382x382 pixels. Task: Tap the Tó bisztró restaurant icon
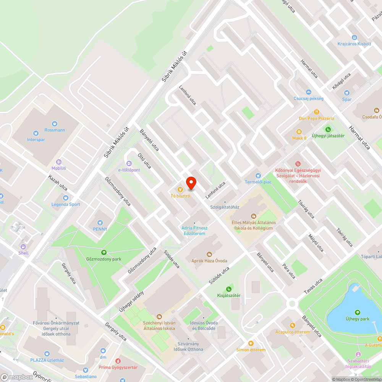point(180,189)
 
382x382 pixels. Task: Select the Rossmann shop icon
point(54,123)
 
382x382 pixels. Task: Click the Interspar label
point(36,140)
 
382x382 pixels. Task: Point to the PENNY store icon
point(100,222)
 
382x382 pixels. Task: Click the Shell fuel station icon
point(23,246)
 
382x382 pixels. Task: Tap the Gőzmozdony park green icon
point(104,253)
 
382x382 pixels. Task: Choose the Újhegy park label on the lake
point(358,319)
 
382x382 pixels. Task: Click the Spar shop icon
point(346,93)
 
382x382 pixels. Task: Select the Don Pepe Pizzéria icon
point(316,112)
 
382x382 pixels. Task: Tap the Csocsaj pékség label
point(308,99)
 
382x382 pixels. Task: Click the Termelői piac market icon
point(258,175)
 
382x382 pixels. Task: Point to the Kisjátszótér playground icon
point(229,289)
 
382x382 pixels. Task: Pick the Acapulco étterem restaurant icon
point(293,325)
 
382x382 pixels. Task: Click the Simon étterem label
point(251,350)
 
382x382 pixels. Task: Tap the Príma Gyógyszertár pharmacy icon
point(118,361)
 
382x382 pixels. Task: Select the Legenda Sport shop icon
point(66,198)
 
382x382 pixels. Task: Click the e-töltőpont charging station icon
point(129,163)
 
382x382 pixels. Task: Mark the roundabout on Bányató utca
point(293,304)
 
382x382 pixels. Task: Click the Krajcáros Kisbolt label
point(354,44)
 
